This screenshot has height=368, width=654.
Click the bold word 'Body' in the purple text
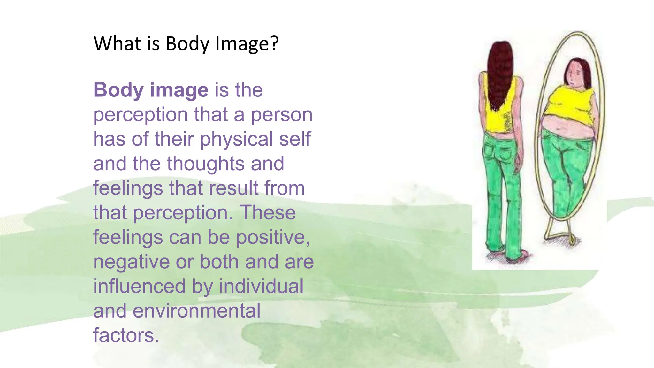(x=118, y=90)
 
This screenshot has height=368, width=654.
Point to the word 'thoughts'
(x=206, y=164)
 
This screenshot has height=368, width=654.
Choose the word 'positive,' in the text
(x=273, y=238)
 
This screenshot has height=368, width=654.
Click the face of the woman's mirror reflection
(x=574, y=76)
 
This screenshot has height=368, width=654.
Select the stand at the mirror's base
(x=560, y=233)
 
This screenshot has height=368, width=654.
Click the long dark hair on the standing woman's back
(x=500, y=73)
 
